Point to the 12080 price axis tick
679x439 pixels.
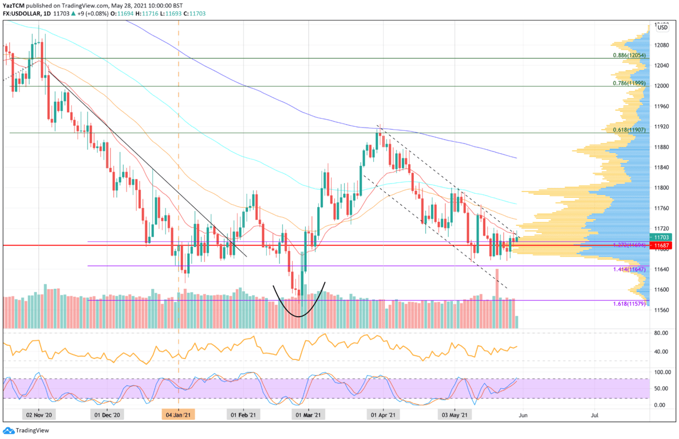[662, 45]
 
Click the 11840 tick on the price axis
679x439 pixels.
[662, 167]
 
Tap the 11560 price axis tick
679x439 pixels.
[662, 310]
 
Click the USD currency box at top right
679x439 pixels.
[662, 27]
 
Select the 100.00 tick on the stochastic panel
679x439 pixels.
[661, 372]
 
